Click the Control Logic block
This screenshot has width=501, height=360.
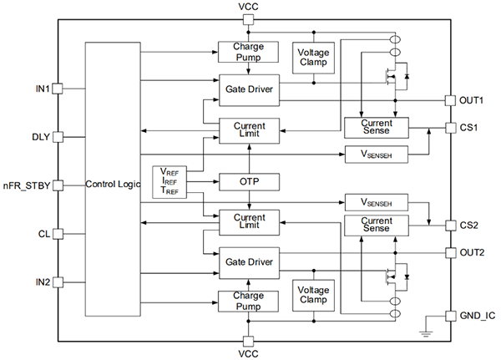(x=112, y=184)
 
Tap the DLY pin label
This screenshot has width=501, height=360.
(x=40, y=136)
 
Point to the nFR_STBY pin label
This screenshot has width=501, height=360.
(x=27, y=185)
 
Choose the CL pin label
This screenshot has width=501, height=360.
(x=43, y=233)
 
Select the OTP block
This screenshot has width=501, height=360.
(x=249, y=181)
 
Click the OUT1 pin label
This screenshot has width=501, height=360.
(x=473, y=100)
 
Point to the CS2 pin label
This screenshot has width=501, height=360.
(x=469, y=225)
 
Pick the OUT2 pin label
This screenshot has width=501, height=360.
(x=473, y=252)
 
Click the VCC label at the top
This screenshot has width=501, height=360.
(x=249, y=7)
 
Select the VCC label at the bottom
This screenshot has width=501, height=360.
(x=249, y=354)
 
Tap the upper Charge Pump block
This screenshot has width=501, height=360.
(x=249, y=53)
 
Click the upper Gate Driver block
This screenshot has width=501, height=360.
(x=249, y=89)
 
